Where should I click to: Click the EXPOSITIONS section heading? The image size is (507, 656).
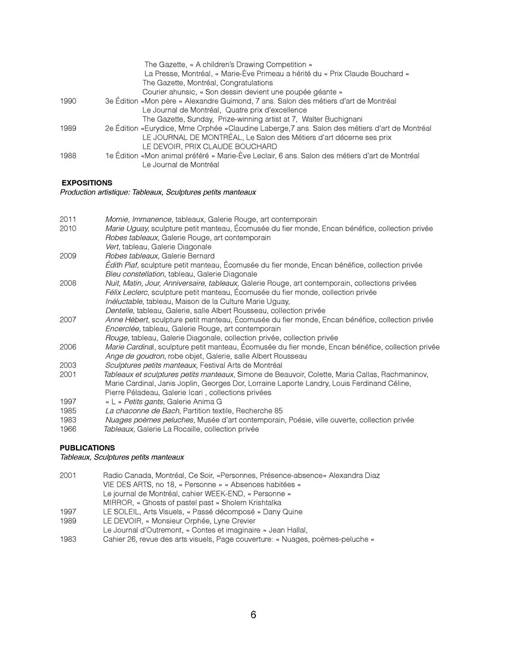click(x=87, y=183)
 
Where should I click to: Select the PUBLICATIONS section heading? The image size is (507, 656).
click(x=87, y=448)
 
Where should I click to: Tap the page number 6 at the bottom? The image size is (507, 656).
click(x=253, y=615)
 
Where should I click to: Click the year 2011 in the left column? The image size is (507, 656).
click(x=68, y=219)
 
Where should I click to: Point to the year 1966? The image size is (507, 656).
click(x=68, y=429)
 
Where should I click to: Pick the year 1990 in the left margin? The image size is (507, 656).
click(x=68, y=101)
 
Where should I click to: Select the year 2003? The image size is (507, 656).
click(x=68, y=365)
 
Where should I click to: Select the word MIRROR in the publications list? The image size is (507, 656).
click(x=116, y=502)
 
